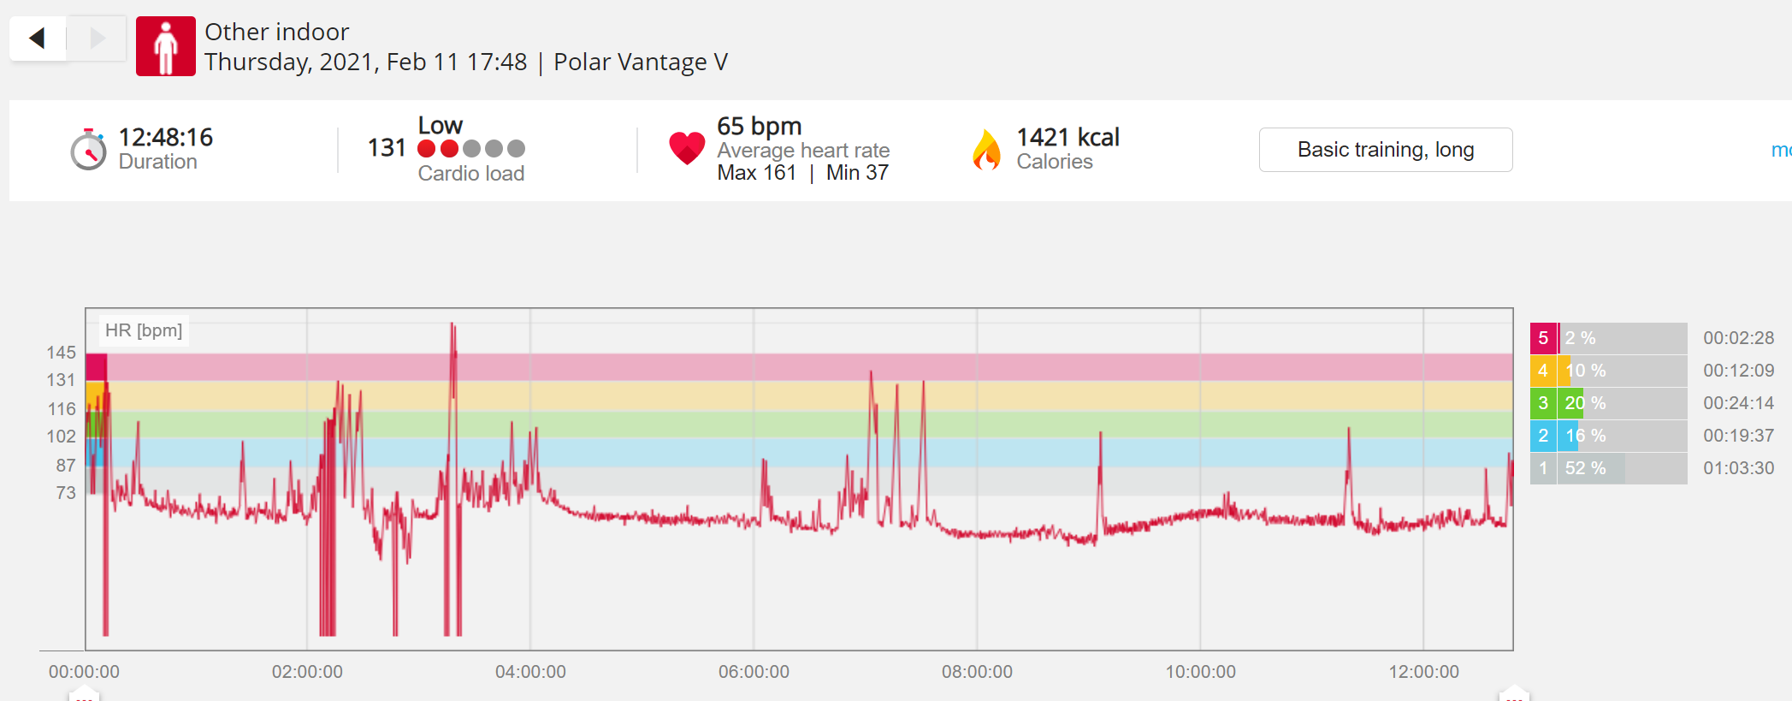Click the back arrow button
pos(38,39)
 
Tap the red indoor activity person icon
pos(166,46)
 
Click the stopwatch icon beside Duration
pos(88,150)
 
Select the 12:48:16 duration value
pos(166,137)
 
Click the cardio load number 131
pos(387,148)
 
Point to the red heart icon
pos(687,148)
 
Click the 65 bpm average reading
pos(760,126)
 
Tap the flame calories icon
pos(986,150)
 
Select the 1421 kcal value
pos(1068,137)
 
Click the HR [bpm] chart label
pos(144,330)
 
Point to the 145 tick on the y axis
pos(62,353)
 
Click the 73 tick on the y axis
pos(66,493)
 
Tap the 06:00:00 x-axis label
pos(754,672)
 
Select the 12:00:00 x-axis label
pos(1423,672)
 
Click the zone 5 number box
pos(1543,338)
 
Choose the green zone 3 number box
pos(1543,403)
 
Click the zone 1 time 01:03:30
pos(1738,468)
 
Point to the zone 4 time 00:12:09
pos(1738,371)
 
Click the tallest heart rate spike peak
pos(452,324)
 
